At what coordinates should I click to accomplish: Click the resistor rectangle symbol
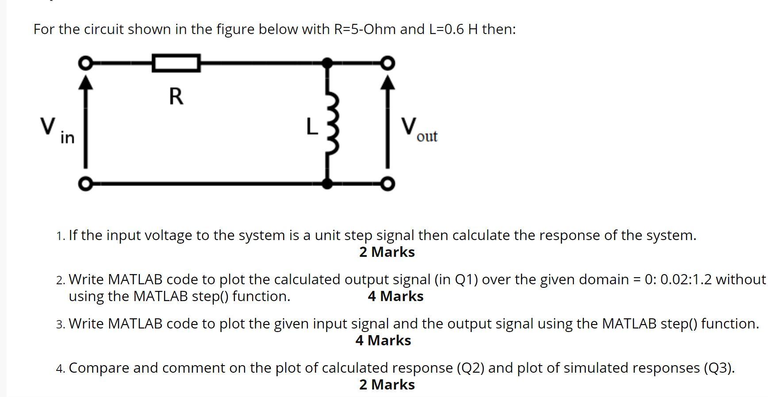(176, 63)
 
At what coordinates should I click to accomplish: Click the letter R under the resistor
(176, 96)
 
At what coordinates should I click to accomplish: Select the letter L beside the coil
(312, 127)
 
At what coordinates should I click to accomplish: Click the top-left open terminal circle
(85, 63)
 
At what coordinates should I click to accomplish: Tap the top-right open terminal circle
(388, 63)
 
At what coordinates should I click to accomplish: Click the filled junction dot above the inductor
(327, 63)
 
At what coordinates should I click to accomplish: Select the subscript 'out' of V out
(427, 136)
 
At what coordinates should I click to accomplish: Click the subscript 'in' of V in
(67, 138)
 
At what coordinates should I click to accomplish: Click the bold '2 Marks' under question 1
(387, 252)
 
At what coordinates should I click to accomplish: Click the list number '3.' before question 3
(61, 324)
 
